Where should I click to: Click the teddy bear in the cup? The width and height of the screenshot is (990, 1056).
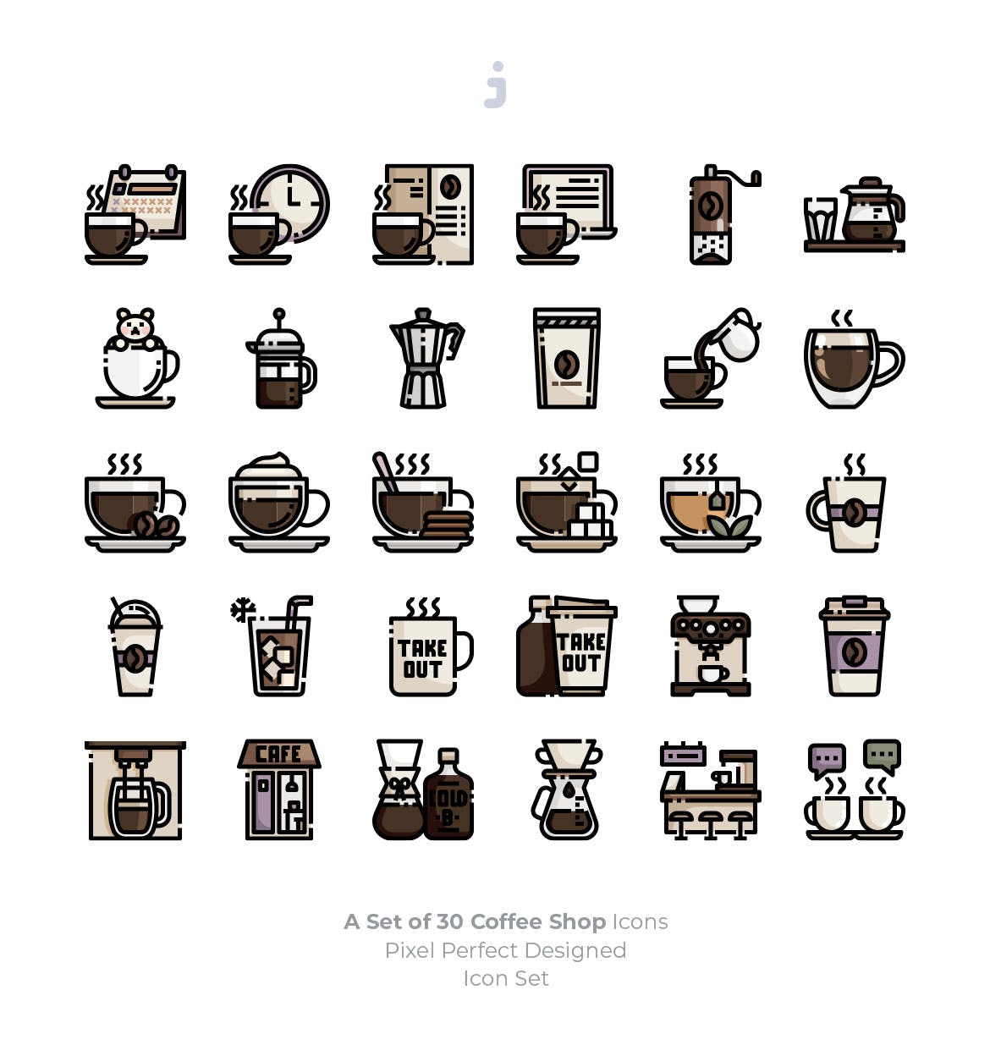point(135,327)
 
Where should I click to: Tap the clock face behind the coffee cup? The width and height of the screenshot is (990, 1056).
point(292,201)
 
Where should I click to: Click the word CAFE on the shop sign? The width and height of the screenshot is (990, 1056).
point(278,754)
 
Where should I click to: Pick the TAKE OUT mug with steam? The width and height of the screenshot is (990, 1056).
point(423,655)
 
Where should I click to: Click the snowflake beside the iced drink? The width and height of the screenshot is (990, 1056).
point(243,609)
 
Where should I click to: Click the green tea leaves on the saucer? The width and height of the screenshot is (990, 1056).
point(729,526)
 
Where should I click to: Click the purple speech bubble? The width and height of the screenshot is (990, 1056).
point(827,758)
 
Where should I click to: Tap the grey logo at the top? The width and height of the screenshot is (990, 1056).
point(496,85)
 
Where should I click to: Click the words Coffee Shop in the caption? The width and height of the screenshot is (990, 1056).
point(537,921)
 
